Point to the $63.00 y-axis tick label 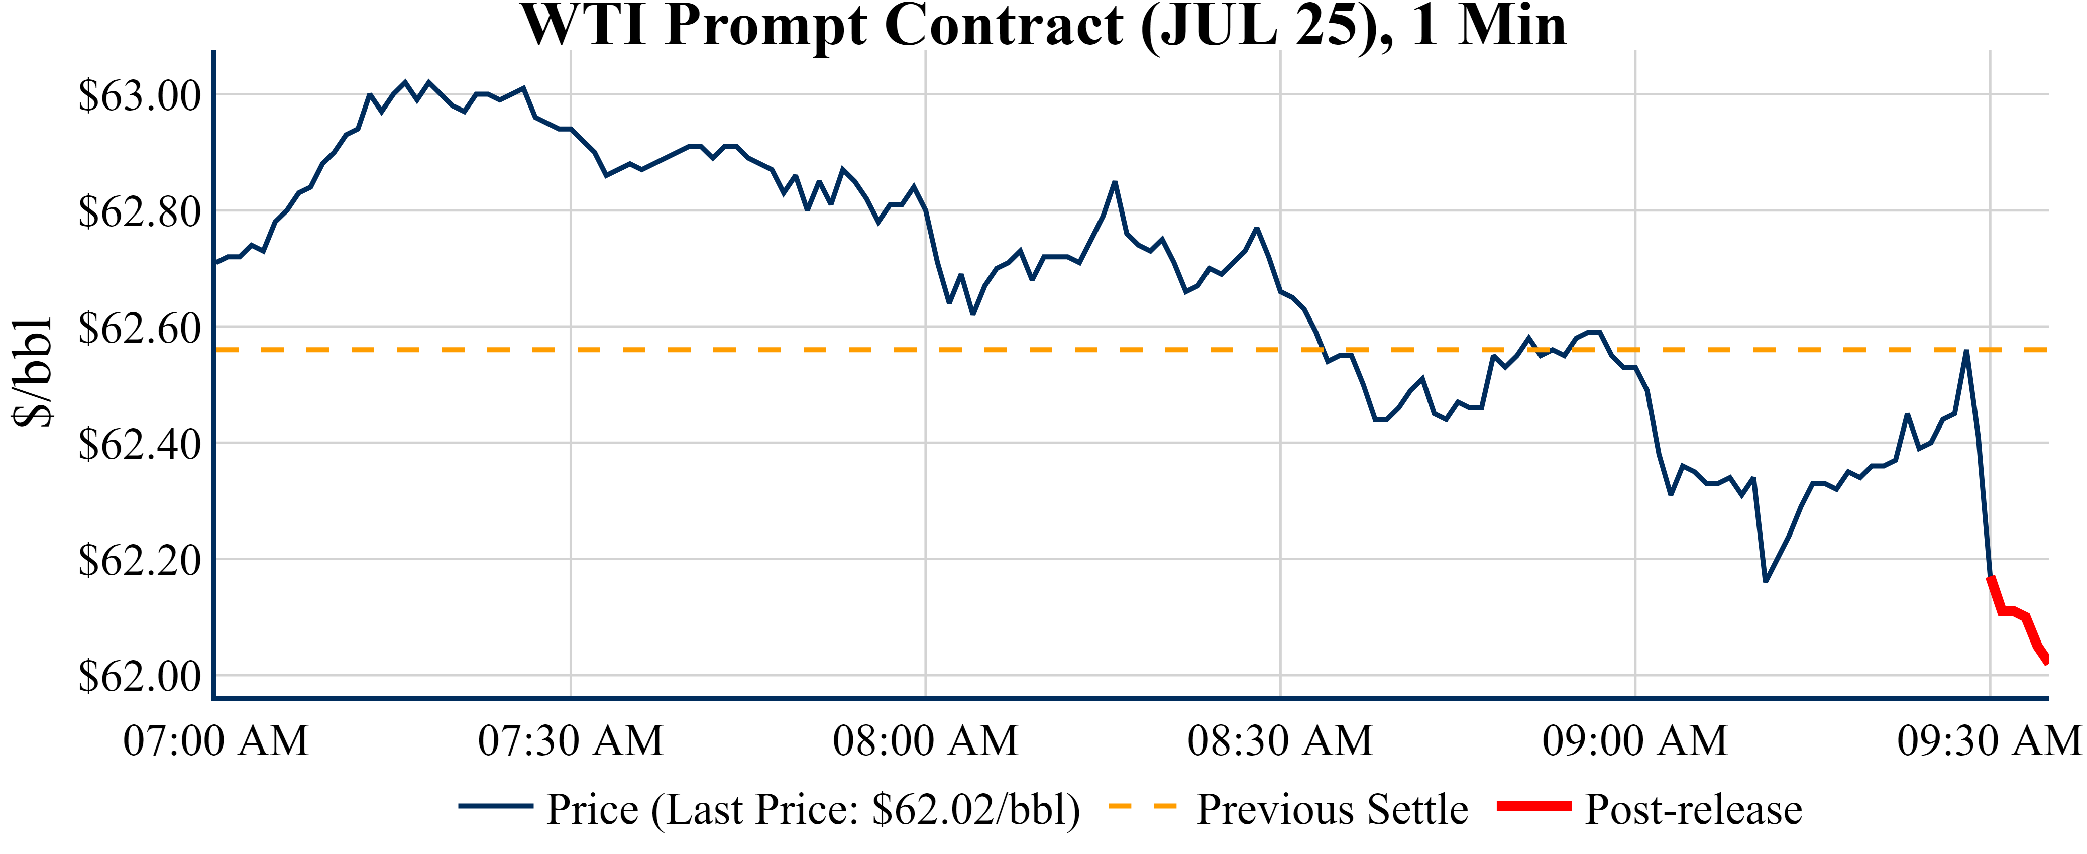pyautogui.click(x=139, y=95)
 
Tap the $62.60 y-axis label pyautogui.click(x=139, y=328)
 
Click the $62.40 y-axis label pyautogui.click(x=139, y=444)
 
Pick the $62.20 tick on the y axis pyautogui.click(x=139, y=560)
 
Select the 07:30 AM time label pyautogui.click(x=571, y=740)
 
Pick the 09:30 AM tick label pyautogui.click(x=1989, y=740)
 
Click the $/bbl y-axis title pyautogui.click(x=33, y=373)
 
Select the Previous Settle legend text pyautogui.click(x=1332, y=809)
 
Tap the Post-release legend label pyautogui.click(x=1693, y=809)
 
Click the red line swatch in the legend pyautogui.click(x=1533, y=806)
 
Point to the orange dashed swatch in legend pyautogui.click(x=1142, y=806)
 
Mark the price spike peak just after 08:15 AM pyautogui.click(x=1115, y=183)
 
